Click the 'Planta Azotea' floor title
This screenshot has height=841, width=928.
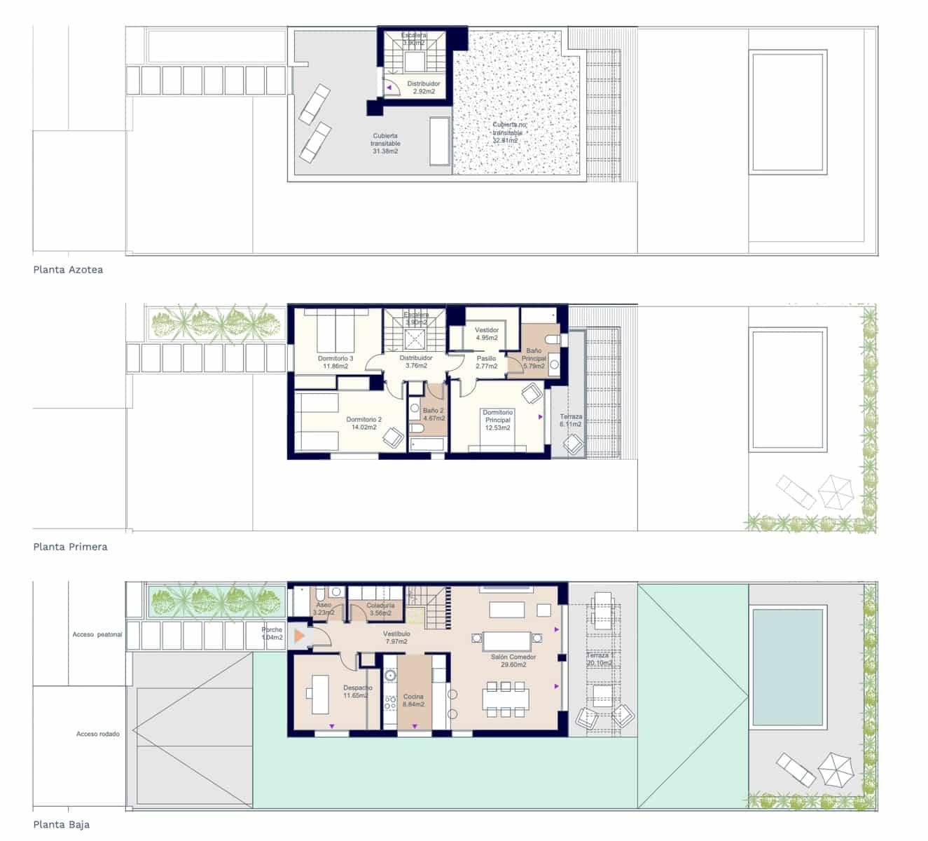click(68, 270)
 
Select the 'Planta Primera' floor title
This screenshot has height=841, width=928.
click(70, 547)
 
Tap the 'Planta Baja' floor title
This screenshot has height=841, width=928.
click(61, 825)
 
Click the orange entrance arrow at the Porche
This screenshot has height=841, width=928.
click(299, 636)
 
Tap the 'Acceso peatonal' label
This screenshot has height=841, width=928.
click(97, 635)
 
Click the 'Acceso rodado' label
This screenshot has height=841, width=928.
click(98, 734)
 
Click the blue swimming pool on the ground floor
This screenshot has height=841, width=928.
click(788, 666)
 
